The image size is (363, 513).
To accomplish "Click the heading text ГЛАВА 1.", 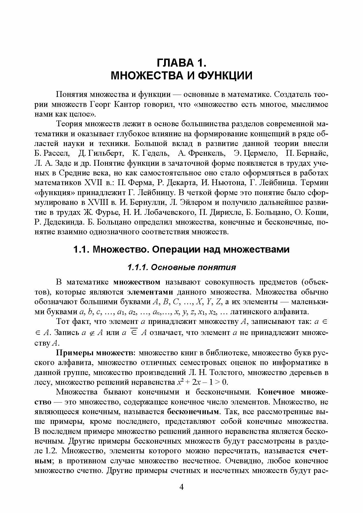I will point(182,63).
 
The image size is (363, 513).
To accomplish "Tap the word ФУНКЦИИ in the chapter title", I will point(223,76).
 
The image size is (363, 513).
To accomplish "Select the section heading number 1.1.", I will point(81,249).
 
